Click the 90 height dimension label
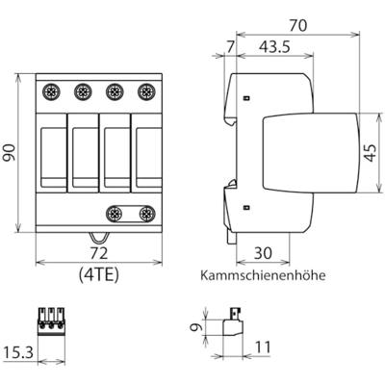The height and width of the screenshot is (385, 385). tap(11, 153)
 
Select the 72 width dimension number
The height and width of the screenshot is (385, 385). tap(98, 253)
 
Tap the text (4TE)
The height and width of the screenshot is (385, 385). tap(99, 274)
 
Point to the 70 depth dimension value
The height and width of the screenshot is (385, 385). tap(297, 26)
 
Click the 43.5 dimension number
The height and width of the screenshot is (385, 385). tap(274, 47)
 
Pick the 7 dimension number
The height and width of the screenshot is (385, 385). tap(230, 47)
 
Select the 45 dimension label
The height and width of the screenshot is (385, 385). tap(372, 153)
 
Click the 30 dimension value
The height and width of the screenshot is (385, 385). tap(263, 253)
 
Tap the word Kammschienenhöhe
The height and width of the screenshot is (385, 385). tap(263, 275)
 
